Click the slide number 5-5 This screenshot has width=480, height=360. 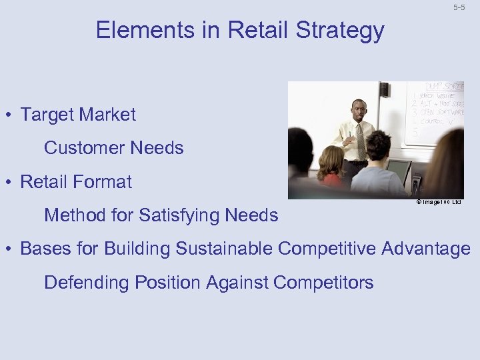click(459, 7)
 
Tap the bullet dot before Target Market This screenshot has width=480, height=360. click(11, 115)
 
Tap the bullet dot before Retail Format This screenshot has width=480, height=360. click(11, 182)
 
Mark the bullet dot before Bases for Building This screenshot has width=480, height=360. click(11, 249)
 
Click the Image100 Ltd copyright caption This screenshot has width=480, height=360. click(439, 202)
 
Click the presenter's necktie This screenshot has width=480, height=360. click(361, 141)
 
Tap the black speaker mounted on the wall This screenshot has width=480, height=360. click(385, 90)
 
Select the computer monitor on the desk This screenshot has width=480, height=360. click(399, 171)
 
